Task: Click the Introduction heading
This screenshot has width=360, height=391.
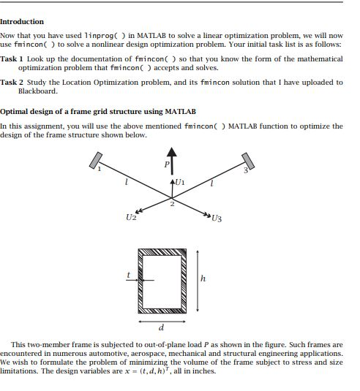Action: click(22, 22)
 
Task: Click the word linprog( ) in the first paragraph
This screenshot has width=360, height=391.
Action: click(105, 35)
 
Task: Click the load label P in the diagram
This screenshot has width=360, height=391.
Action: click(165, 164)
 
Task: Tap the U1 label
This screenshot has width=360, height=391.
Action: click(181, 182)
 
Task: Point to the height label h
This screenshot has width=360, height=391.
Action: click(203, 278)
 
